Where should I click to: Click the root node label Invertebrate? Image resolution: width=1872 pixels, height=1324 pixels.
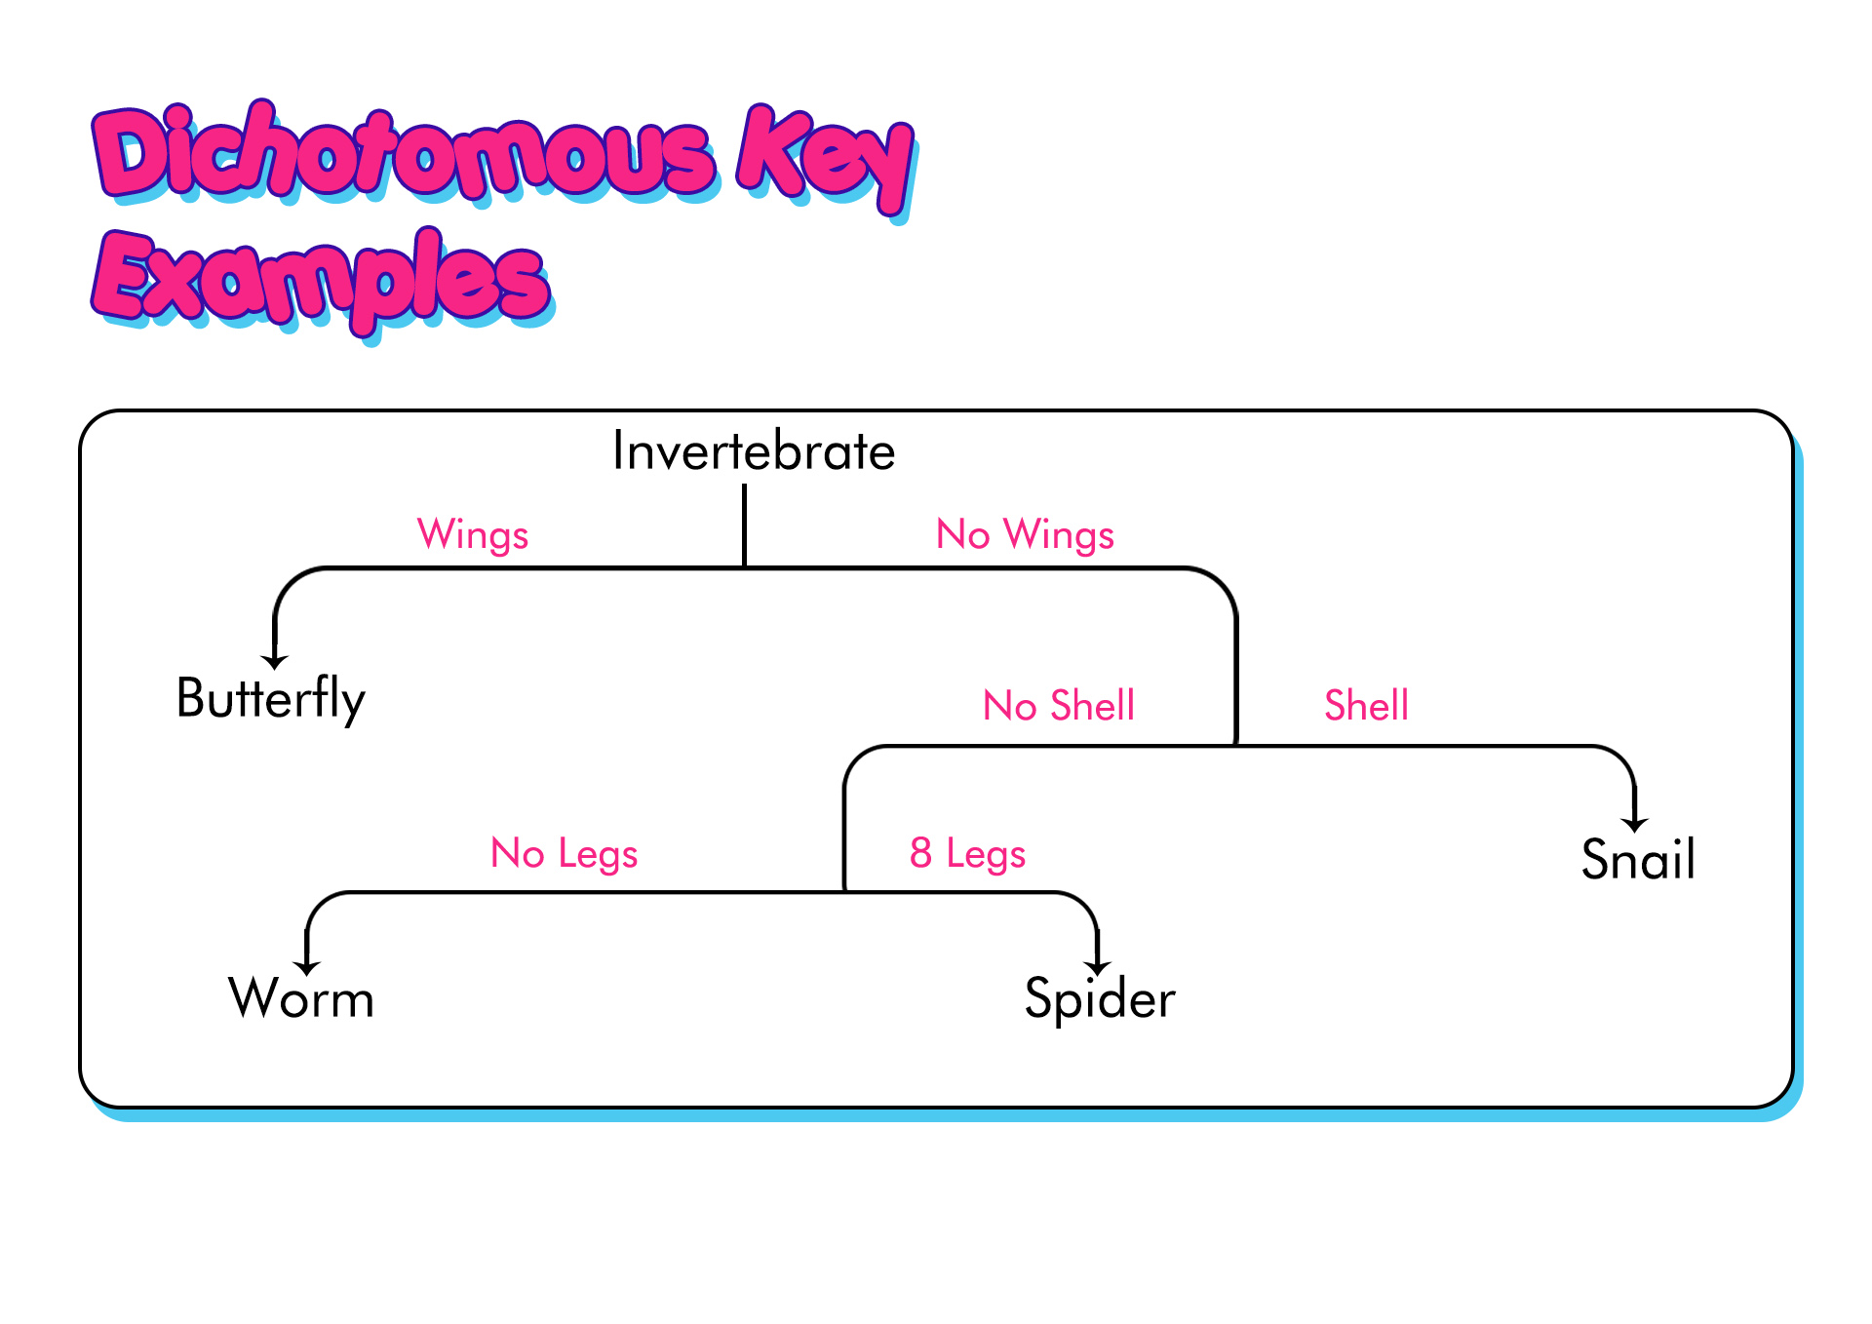[x=754, y=451]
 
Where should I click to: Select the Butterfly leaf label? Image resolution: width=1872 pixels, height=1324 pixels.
[x=271, y=699]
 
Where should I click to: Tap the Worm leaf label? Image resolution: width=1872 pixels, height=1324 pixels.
[x=301, y=998]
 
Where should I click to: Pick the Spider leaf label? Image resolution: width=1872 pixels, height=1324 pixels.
[x=1100, y=999]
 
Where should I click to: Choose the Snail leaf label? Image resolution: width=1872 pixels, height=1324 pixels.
[x=1638, y=859]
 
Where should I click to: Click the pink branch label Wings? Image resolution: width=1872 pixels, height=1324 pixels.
[x=473, y=535]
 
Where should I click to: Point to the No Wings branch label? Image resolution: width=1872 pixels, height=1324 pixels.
[x=1025, y=535]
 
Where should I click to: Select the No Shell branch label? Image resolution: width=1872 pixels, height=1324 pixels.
[x=1059, y=705]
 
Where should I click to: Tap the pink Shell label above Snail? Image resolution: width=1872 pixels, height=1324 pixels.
[x=1366, y=705]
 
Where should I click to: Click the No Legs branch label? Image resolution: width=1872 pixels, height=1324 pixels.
[x=565, y=854]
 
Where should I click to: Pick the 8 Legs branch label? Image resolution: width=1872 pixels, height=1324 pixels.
[x=967, y=854]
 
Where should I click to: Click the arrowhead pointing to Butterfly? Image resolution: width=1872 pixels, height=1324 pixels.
[x=275, y=662]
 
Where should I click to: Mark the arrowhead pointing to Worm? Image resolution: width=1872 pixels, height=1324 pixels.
[x=307, y=968]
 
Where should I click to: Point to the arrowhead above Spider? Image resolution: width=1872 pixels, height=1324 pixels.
[x=1098, y=968]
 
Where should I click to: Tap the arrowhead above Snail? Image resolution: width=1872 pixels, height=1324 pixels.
[x=1635, y=825]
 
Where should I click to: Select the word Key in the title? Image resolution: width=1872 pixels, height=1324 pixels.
[x=827, y=161]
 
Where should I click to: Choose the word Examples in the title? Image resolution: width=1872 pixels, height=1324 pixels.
[x=323, y=283]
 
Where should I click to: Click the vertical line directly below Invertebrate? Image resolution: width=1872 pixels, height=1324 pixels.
[x=745, y=526]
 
